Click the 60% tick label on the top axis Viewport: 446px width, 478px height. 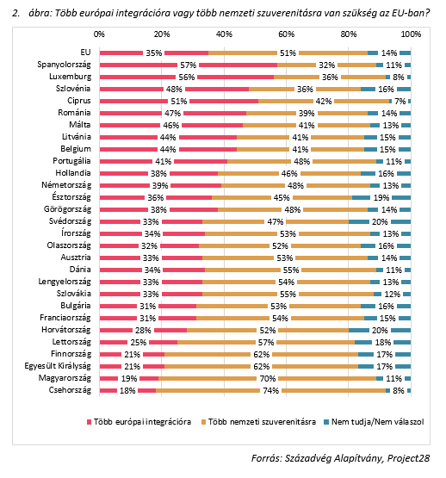286,34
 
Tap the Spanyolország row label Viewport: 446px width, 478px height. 64,65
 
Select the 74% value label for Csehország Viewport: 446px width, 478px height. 270,390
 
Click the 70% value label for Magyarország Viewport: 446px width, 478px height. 268,379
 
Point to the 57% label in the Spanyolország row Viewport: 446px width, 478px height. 188,65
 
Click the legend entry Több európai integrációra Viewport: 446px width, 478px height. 139,422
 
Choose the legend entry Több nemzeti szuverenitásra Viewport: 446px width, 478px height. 259,422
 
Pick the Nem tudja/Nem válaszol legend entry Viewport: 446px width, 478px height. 374,422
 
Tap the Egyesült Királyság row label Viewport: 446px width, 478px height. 58,366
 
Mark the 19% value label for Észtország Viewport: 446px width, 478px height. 381,198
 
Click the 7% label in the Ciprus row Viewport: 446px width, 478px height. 400,102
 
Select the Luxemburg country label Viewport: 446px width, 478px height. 70,77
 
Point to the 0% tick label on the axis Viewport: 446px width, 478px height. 99,34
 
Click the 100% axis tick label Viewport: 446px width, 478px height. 411,34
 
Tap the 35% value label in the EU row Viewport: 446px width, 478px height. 154,53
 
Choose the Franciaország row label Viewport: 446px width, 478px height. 65,318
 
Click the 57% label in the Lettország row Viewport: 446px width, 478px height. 266,342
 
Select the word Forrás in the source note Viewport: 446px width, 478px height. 267,458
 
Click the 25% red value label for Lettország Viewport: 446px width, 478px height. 139,342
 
